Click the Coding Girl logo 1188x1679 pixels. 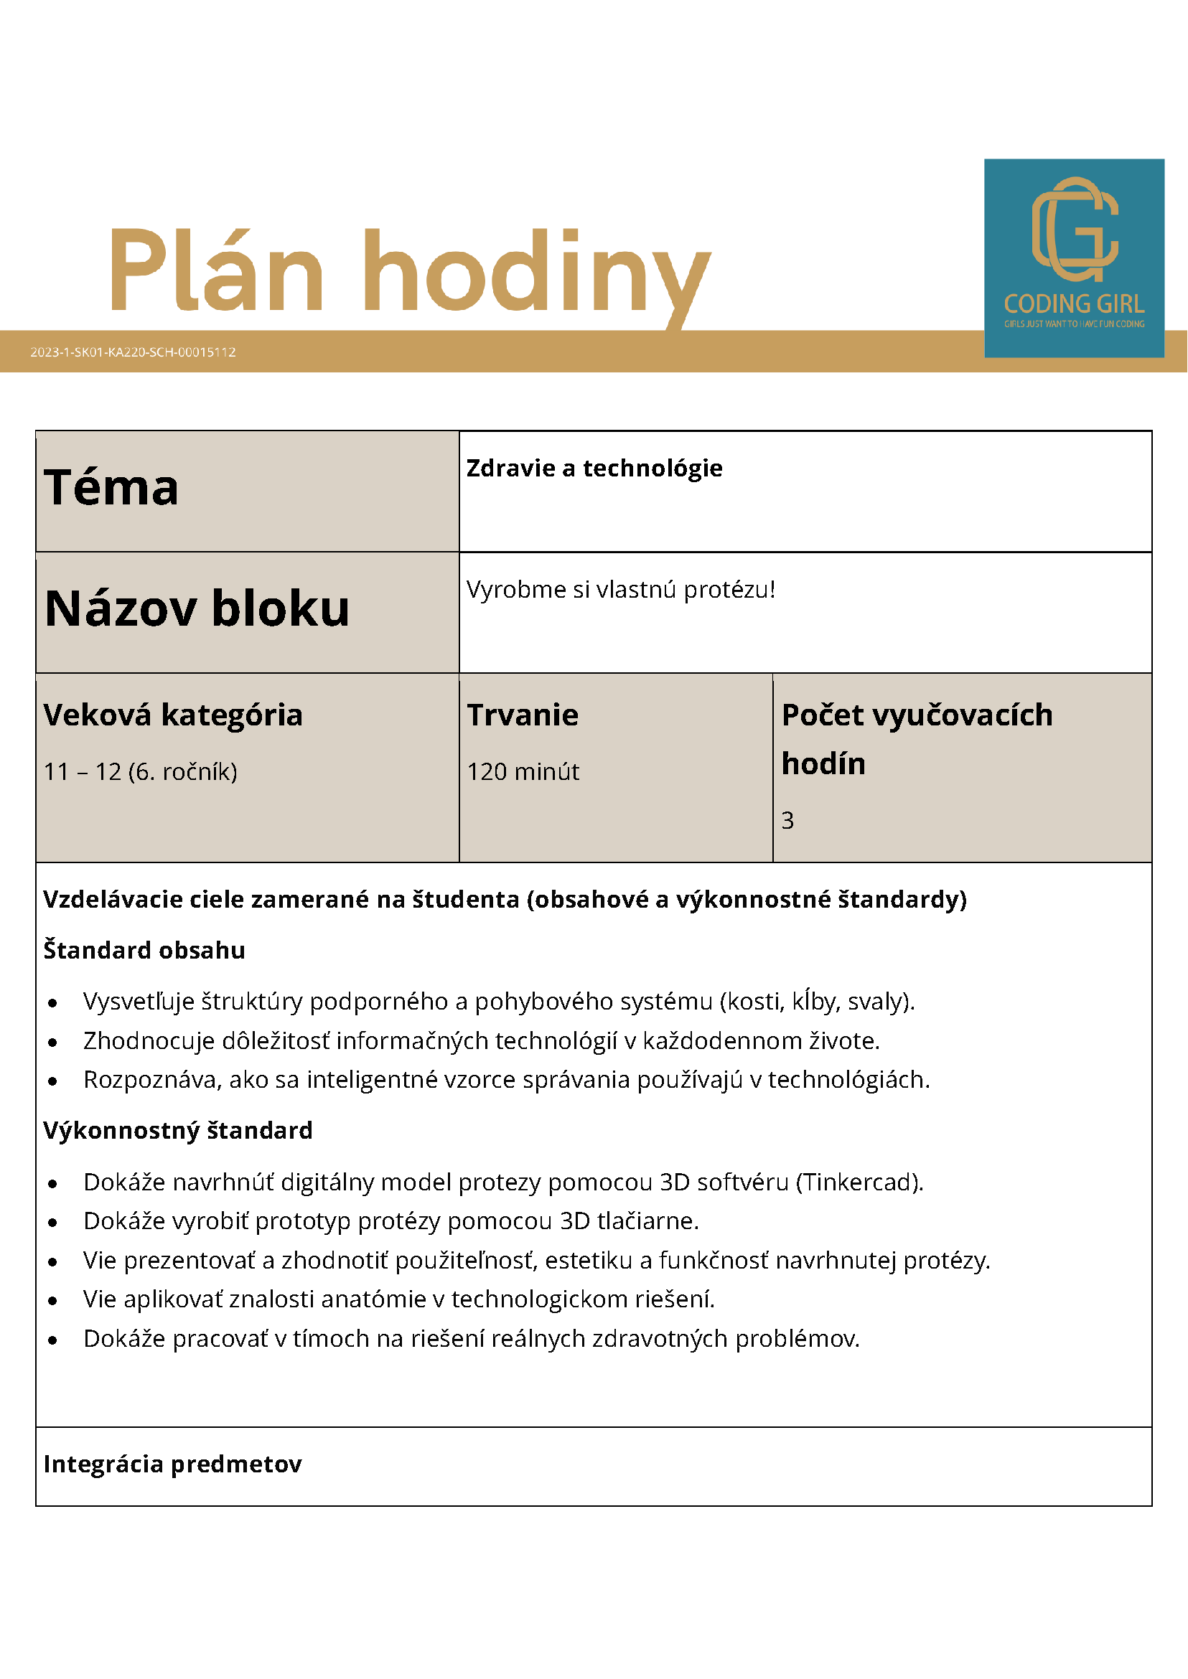click(x=1073, y=258)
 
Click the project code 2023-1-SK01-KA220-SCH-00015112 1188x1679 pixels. click(x=133, y=352)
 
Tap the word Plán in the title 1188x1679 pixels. click(x=217, y=271)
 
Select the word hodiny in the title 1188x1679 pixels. click(x=536, y=274)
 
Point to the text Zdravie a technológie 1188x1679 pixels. click(x=594, y=468)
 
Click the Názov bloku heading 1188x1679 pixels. click(x=197, y=608)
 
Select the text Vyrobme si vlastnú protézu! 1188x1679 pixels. click(x=620, y=589)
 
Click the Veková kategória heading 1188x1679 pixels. click(x=173, y=715)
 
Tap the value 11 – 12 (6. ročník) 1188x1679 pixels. click(x=141, y=771)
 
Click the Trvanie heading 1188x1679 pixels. click(x=523, y=715)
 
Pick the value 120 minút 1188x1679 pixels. click(x=523, y=771)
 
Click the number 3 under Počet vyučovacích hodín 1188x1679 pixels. click(x=787, y=821)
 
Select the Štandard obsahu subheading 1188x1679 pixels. click(x=144, y=950)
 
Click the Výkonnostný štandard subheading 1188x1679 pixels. click(x=178, y=1131)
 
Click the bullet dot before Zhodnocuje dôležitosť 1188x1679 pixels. click(x=52, y=1042)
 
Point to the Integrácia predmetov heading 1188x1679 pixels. click(x=173, y=1464)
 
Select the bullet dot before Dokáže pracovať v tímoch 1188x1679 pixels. click(x=52, y=1340)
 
